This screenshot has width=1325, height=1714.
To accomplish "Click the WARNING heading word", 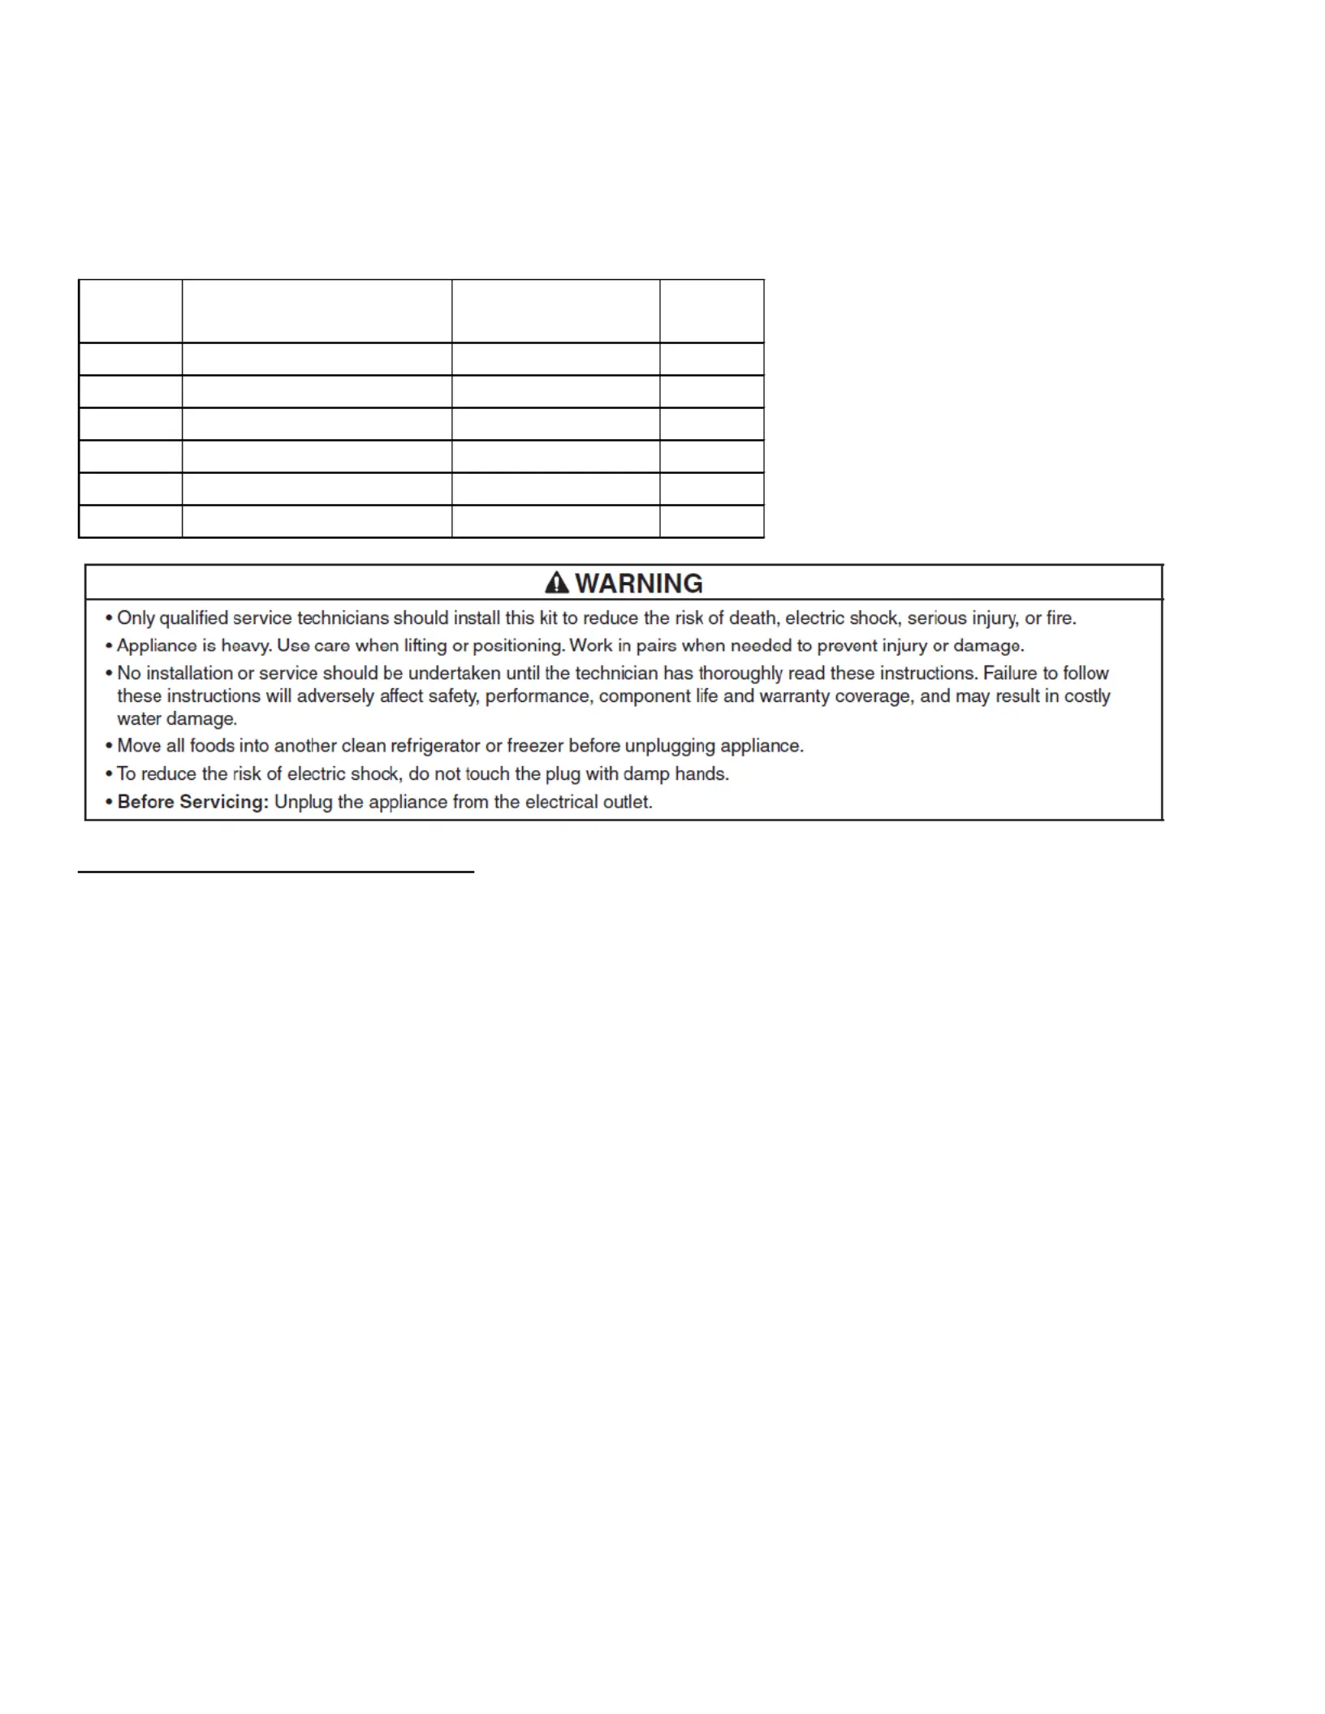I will click(x=639, y=584).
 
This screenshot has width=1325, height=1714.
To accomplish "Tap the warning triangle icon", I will click(x=557, y=583).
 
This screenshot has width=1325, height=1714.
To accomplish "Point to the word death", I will click(x=752, y=618).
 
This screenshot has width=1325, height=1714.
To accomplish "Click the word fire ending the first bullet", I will click(x=1060, y=618).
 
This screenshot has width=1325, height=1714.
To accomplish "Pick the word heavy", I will click(x=246, y=646).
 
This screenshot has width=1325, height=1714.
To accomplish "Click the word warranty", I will click(x=793, y=696).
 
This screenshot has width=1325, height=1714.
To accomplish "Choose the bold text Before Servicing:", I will click(x=192, y=803).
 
